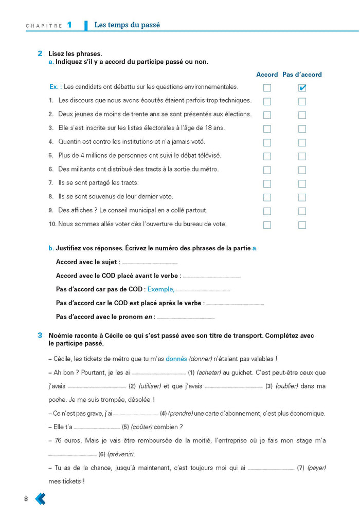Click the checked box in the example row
point(302,88)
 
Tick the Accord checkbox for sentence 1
point(267,101)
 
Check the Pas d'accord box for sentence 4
point(302,142)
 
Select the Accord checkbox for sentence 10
point(267,225)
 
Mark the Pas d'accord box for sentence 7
point(302,183)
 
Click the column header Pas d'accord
point(302,75)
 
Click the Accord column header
point(267,75)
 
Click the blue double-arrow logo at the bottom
point(40,498)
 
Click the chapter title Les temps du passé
point(127,25)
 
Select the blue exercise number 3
point(40,336)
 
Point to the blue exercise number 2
point(40,53)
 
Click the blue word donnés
point(176,359)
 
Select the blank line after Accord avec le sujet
point(149,263)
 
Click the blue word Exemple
point(160,289)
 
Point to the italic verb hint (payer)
point(317,468)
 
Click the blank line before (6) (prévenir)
point(72,455)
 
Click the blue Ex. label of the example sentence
point(56,87)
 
